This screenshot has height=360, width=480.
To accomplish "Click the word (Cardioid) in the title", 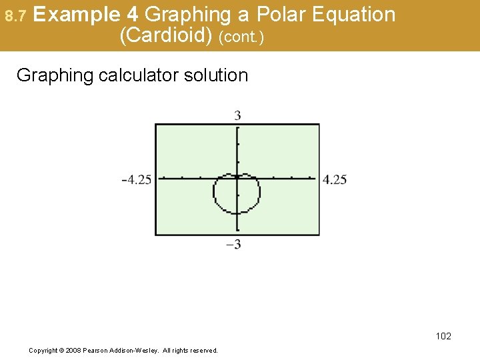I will [167, 35].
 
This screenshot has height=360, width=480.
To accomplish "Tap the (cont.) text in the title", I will [241, 37].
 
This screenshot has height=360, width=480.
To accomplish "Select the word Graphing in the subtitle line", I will [55, 75].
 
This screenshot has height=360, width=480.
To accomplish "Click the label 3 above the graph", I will [237, 116].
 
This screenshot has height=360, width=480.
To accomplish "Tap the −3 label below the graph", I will [233, 245].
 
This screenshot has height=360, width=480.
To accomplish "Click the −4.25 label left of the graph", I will [137, 179].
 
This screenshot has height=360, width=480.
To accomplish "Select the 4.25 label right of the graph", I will [335, 179].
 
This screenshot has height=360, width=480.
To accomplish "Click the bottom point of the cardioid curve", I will [237, 213].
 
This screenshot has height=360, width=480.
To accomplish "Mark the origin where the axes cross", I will [237, 178].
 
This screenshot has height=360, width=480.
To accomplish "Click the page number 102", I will [443, 336].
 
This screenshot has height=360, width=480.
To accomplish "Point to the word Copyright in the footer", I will [43, 350].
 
